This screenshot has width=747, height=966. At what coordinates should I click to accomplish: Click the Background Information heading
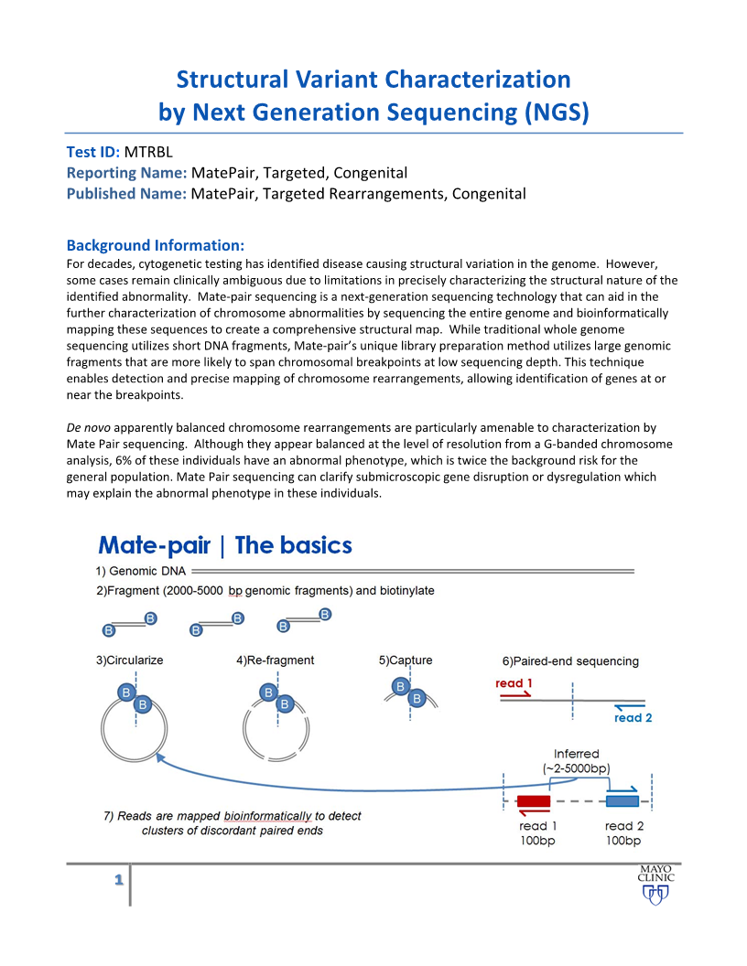(156, 245)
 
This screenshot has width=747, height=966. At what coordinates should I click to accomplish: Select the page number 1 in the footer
(118, 880)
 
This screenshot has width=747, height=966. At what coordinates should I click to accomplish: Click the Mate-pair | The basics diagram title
(225, 546)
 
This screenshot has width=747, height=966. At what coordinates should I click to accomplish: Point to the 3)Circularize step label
(129, 660)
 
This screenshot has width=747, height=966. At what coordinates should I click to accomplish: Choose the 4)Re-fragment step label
(275, 660)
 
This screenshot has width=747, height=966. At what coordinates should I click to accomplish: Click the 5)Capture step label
(406, 660)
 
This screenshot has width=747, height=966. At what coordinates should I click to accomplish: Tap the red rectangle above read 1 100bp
(534, 802)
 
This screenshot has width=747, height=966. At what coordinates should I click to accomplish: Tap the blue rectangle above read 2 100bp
(622, 802)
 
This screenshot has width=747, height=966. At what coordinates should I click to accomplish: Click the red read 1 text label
(514, 683)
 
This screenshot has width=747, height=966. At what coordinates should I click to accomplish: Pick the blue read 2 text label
(633, 718)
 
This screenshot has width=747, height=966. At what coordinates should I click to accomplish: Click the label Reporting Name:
(127, 173)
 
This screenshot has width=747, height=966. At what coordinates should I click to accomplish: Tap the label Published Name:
(127, 193)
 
